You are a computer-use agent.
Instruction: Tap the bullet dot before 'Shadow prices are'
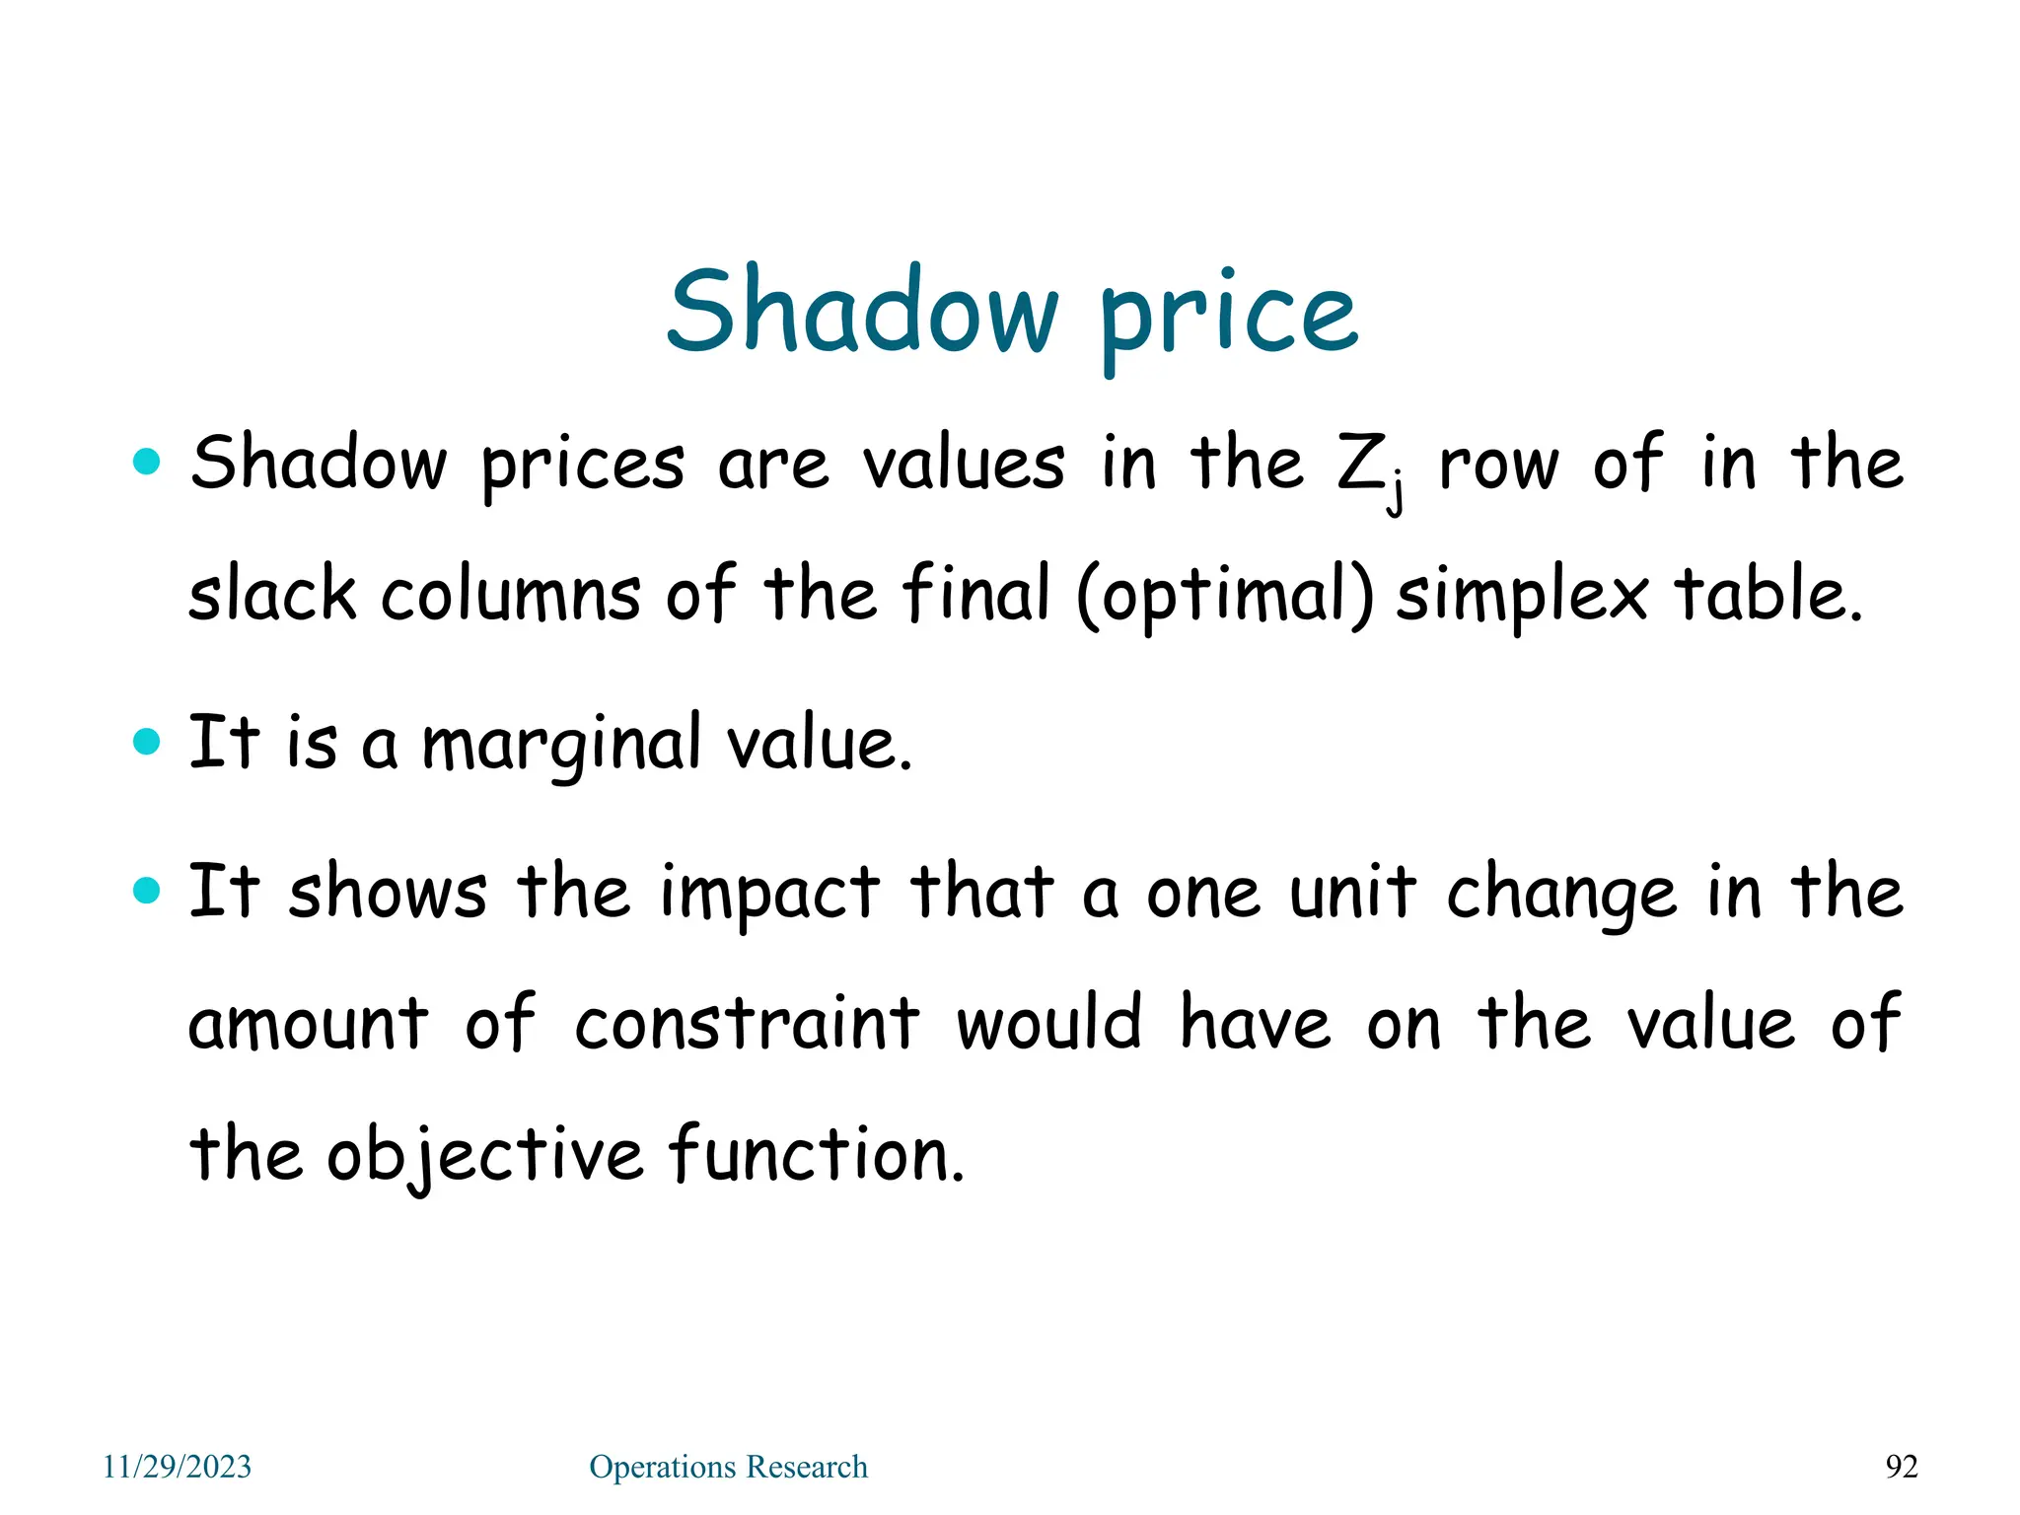pos(146,461)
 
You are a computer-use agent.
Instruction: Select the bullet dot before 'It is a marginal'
pos(146,741)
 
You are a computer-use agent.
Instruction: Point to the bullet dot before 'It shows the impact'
pos(146,891)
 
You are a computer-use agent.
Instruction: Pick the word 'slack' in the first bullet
pos(271,595)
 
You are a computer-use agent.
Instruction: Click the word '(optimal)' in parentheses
pos(1224,598)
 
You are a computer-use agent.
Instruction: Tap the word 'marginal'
pos(561,746)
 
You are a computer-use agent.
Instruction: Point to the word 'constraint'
pos(747,1023)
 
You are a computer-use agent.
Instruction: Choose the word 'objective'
pos(484,1155)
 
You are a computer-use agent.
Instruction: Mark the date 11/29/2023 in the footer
pos(178,1467)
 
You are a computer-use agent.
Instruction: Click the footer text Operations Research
pos(728,1467)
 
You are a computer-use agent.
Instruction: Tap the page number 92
pos(1902,1467)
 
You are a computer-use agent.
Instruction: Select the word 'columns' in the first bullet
pos(511,595)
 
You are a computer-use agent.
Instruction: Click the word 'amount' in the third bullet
pos(308,1023)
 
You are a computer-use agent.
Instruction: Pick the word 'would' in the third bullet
pos(1049,1023)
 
